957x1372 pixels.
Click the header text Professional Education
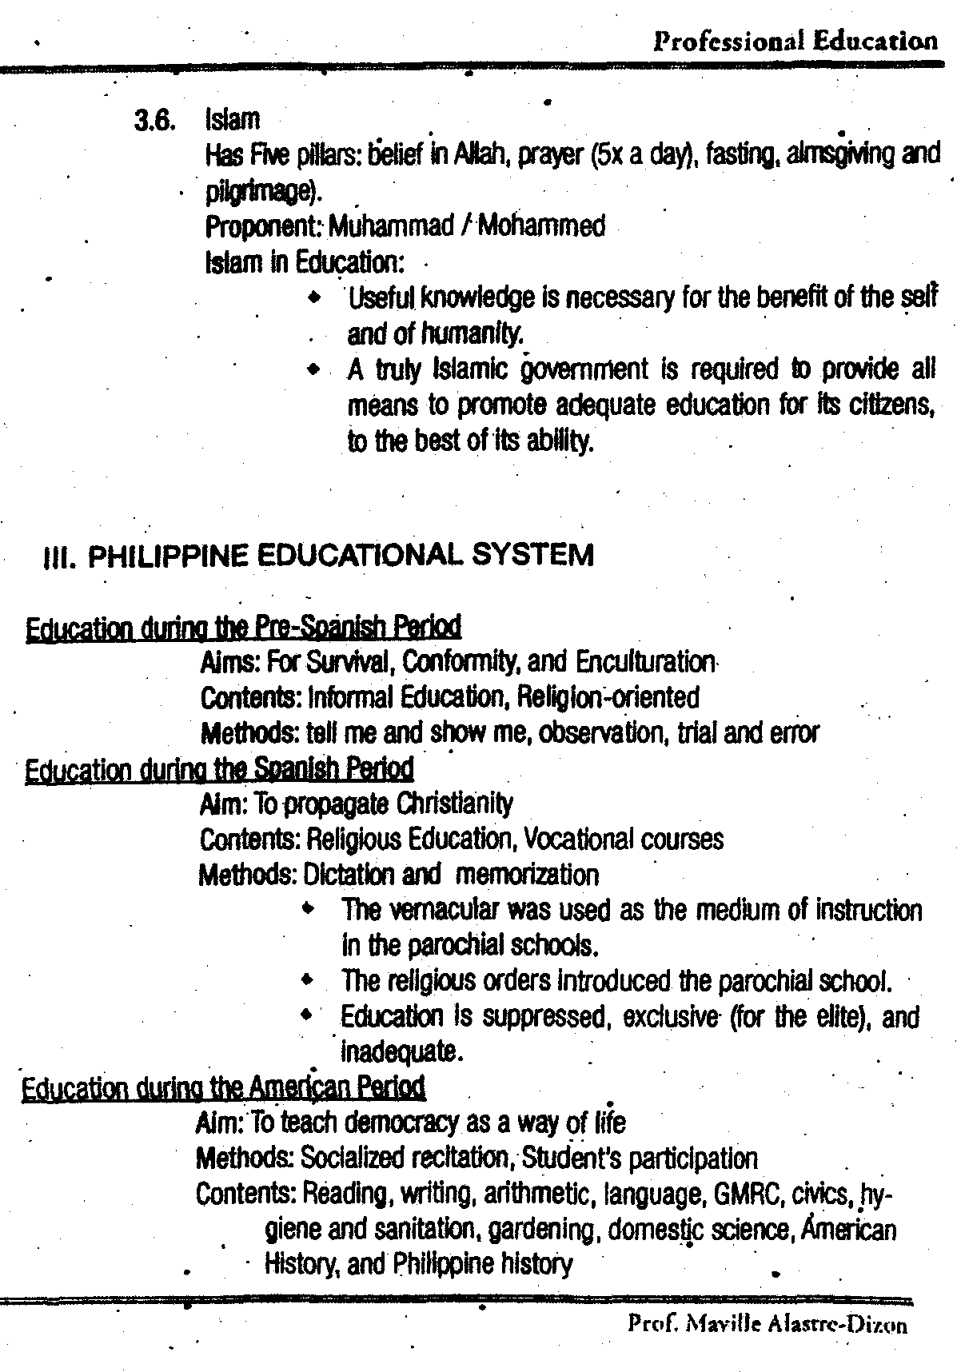pos(795,41)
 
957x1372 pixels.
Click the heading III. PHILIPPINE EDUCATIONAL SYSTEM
pos(317,555)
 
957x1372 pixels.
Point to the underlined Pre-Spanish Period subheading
pos(244,627)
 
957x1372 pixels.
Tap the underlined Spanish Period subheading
pos(220,770)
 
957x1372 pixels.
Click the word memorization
pos(527,875)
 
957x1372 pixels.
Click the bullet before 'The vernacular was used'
pos(308,910)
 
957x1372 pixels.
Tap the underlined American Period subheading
pos(223,1087)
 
